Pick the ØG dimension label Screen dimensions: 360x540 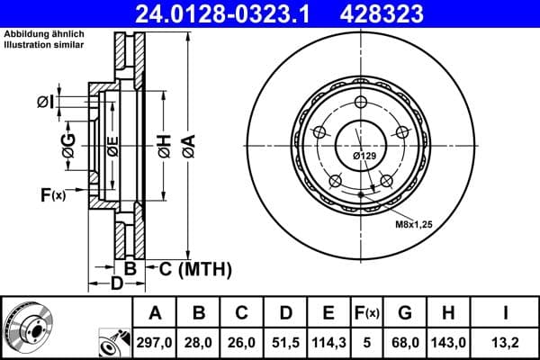click(68, 143)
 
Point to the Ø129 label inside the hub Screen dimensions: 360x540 click(364, 156)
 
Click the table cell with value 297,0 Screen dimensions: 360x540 click(155, 341)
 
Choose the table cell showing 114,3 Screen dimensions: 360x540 click(328, 341)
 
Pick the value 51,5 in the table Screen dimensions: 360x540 click(285, 341)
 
